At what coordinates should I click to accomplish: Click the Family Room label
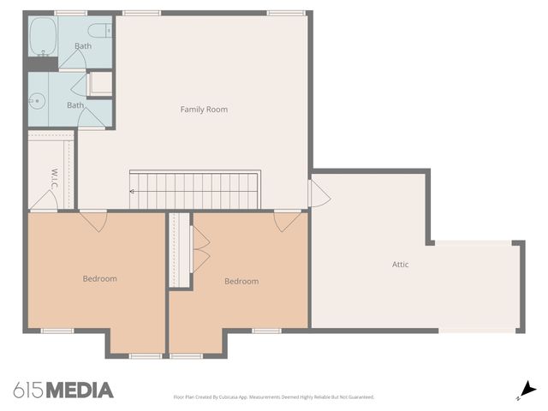204,110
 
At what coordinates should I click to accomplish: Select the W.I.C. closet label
53,177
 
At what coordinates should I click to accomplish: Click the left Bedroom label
99,278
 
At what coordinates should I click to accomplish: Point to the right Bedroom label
241,282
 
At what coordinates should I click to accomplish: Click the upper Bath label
83,46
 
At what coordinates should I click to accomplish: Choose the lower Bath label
75,105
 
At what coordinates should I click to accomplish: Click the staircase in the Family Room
194,190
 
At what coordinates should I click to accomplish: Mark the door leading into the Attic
319,192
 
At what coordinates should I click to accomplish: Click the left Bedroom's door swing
93,221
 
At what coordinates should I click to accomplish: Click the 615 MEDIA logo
63,390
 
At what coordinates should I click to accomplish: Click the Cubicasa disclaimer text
274,397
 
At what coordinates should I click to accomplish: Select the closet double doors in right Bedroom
200,249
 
